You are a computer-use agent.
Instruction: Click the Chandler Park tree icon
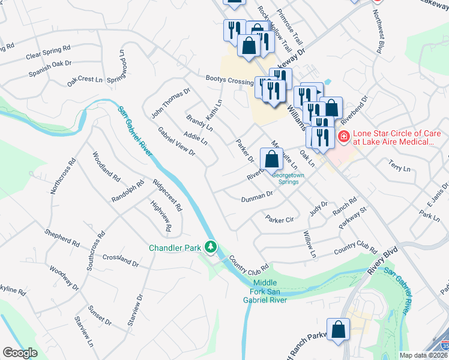coord(211,247)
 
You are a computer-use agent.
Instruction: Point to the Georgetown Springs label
coord(289,179)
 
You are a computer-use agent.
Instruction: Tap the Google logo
coord(20,353)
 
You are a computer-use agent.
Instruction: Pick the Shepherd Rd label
coord(62,237)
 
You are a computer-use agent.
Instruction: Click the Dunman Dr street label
coord(257,197)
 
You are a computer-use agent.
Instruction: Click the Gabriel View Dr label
coord(176,142)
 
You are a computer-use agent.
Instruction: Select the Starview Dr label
coord(134,310)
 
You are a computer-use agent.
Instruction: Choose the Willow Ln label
coord(309,245)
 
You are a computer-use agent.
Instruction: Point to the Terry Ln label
coord(399,166)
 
